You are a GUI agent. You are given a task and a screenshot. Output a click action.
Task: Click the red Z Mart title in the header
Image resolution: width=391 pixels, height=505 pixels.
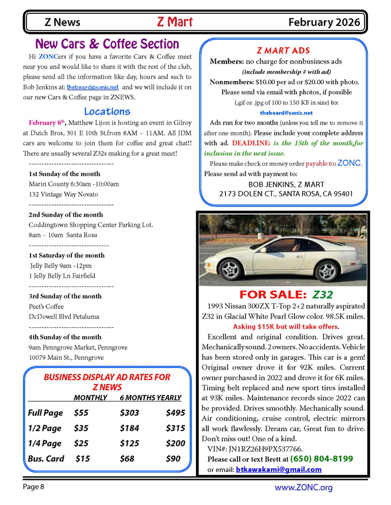coord(175,22)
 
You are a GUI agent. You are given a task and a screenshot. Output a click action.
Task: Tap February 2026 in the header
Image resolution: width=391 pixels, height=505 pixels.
coord(324,23)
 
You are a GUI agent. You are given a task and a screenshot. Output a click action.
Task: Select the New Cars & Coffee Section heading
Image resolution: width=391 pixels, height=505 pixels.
coord(107,44)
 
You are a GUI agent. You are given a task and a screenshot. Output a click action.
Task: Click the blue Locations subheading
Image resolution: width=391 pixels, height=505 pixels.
coord(107,111)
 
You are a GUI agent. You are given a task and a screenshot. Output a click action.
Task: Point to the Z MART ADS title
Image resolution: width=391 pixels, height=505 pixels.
coord(283,50)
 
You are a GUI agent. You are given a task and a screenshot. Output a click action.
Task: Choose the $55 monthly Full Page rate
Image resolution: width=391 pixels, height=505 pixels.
coord(81,413)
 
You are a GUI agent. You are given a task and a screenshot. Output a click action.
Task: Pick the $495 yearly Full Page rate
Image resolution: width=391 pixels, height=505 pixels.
coord(175,413)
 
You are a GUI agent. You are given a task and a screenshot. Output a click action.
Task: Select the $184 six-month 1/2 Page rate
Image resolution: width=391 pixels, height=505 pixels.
coord(129,428)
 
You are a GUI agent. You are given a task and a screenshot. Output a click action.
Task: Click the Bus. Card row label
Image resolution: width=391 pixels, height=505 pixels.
coord(46,459)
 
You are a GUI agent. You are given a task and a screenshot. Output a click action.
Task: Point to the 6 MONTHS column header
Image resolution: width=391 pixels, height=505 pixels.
coord(132,398)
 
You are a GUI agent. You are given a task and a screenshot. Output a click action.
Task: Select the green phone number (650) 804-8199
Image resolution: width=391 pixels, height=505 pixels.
coord(322,459)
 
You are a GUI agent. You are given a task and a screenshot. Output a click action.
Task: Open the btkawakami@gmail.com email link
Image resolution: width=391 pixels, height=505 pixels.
coord(278,469)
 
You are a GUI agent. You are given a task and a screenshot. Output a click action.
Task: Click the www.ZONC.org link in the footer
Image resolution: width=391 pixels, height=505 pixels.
coord(304,488)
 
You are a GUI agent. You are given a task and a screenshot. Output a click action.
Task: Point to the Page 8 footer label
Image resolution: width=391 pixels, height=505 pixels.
coord(33,487)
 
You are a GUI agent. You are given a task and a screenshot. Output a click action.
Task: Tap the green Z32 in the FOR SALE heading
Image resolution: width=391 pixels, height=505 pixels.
coord(323,295)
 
